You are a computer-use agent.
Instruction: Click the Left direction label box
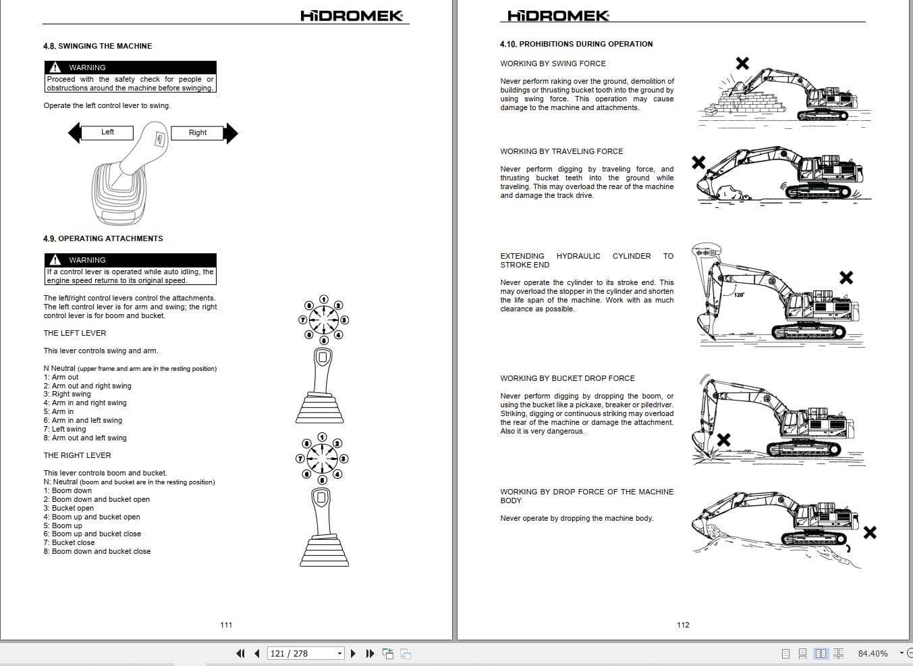coord(107,132)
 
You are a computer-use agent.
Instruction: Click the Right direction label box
coord(197,133)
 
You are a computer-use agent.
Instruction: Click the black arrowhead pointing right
coord(231,133)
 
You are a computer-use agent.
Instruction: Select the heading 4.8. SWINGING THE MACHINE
coord(97,46)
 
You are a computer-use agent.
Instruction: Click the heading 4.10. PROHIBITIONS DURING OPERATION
coord(576,44)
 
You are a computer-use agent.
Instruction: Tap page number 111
coord(226,625)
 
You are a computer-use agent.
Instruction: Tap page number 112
coord(683,625)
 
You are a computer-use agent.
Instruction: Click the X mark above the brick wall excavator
coord(742,63)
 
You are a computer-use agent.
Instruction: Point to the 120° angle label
coord(739,295)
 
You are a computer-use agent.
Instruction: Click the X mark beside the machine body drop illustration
coord(870,533)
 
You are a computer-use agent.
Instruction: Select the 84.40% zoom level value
coord(873,653)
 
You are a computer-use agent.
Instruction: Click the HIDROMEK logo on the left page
coord(352,16)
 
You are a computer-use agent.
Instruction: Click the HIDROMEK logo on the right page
coord(557,16)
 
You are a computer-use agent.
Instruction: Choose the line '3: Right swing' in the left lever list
coord(67,394)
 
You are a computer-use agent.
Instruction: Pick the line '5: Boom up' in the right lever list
coord(63,526)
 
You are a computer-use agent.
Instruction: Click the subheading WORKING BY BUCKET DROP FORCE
coord(567,378)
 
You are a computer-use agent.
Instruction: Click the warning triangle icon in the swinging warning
coord(55,68)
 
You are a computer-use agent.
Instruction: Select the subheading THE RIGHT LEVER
coord(77,455)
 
